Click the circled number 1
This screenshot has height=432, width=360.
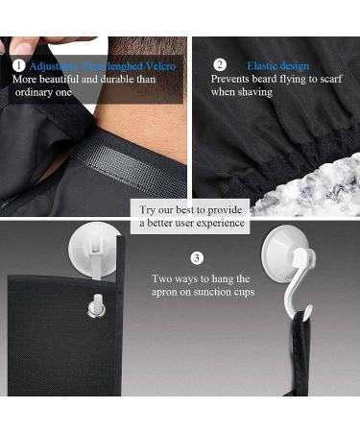tap(19, 65)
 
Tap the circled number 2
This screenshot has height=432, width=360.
tap(219, 65)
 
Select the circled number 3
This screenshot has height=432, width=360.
tap(197, 257)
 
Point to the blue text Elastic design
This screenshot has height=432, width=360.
tap(277, 65)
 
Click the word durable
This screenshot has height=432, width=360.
tap(116, 79)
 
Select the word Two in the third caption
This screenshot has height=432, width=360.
tap(161, 278)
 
